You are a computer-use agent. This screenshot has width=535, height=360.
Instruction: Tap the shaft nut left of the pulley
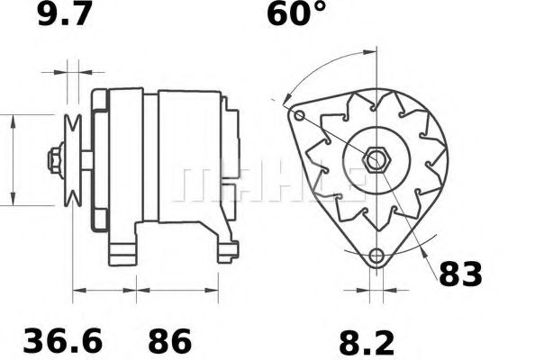[56, 160]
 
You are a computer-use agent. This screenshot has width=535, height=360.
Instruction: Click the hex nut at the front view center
[375, 160]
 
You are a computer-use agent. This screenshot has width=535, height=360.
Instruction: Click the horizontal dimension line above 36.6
[103, 291]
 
